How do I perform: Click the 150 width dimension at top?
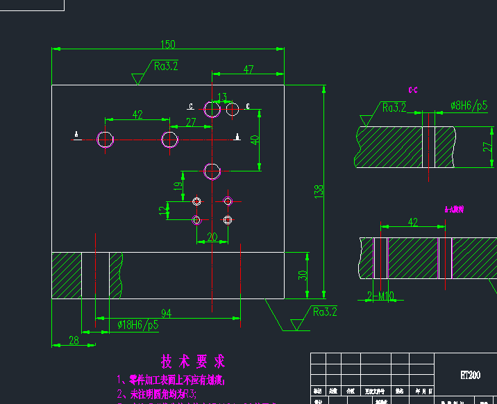click(168, 44)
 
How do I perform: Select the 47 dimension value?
click(248, 69)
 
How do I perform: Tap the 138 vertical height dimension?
click(319, 191)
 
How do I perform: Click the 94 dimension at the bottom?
click(167, 313)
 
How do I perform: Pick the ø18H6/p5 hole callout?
click(137, 324)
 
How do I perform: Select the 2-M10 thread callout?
click(380, 296)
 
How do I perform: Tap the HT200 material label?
click(470, 376)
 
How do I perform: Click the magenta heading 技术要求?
click(193, 362)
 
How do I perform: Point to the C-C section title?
click(412, 90)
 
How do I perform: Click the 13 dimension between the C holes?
click(222, 97)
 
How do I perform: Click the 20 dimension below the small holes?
click(212, 237)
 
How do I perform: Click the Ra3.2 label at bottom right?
click(324, 312)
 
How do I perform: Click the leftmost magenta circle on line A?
click(106, 140)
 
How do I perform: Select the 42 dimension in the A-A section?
click(413, 222)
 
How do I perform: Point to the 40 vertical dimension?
click(255, 139)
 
